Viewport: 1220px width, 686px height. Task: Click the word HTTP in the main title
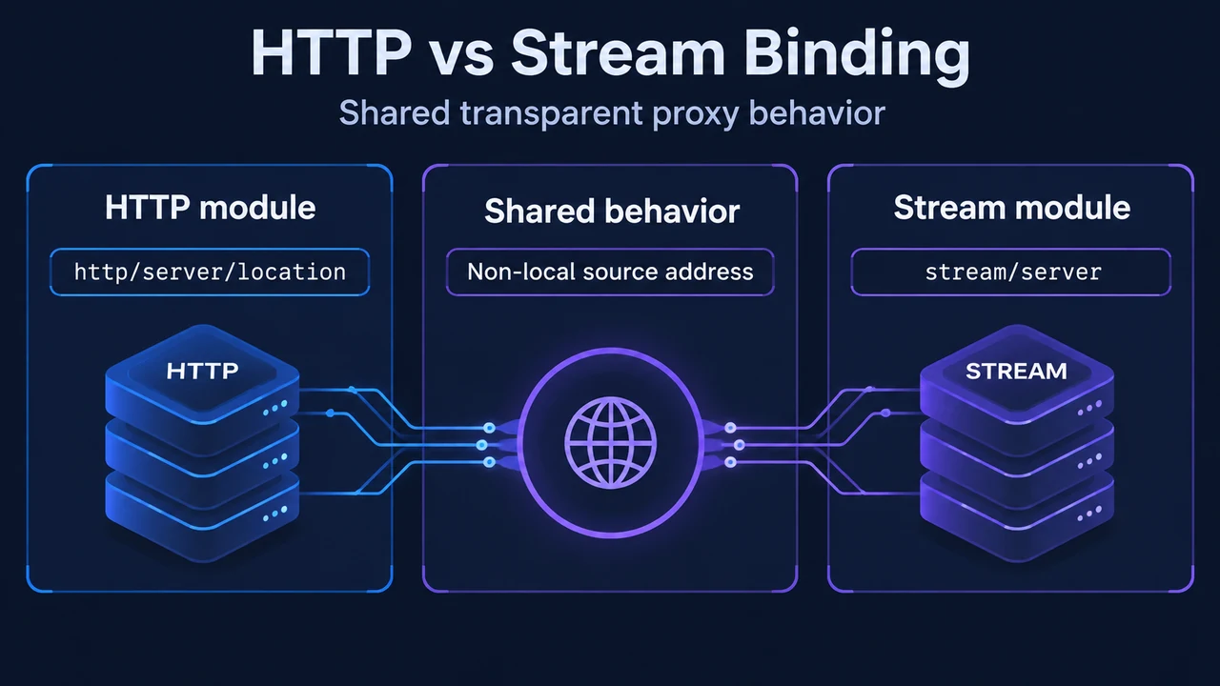331,52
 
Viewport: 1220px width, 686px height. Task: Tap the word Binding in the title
857,56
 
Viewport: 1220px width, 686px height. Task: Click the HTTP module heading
211,208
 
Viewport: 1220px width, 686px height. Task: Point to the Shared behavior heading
612,211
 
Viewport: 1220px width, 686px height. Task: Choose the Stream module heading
1012,208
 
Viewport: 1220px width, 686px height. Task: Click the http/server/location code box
210,272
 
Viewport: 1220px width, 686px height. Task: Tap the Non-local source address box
610,272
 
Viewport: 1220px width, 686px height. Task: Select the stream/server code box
1011,272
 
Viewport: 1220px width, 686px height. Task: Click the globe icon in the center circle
611,442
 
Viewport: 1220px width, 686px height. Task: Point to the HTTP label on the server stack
202,372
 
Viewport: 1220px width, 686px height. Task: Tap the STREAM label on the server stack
1016,372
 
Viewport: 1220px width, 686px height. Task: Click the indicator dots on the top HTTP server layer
275,408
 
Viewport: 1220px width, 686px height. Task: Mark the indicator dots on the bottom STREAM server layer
1089,513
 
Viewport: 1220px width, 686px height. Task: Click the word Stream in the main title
619,52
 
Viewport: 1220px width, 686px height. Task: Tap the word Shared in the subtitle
395,112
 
